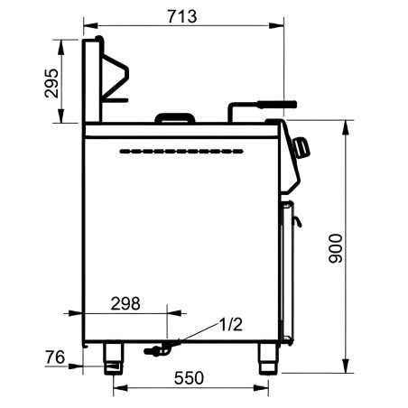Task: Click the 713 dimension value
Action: click(x=182, y=16)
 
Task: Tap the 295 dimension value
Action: click(x=51, y=83)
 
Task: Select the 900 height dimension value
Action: click(x=336, y=248)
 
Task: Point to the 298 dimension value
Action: click(x=125, y=303)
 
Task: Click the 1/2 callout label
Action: click(x=230, y=324)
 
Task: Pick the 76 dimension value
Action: click(x=55, y=357)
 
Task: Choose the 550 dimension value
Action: click(x=189, y=378)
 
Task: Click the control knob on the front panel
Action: click(x=301, y=147)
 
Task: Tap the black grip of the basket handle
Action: click(x=277, y=105)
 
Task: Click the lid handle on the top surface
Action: click(x=174, y=117)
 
